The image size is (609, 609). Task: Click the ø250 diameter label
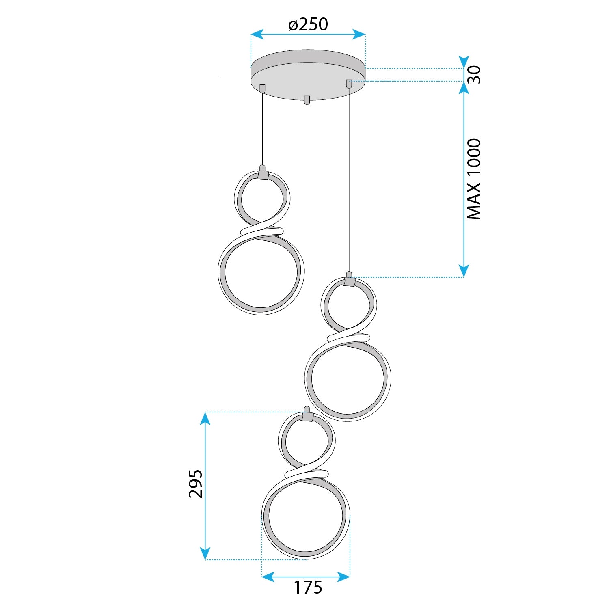(308, 24)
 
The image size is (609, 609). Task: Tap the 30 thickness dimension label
(474, 75)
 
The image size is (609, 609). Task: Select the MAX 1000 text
(474, 179)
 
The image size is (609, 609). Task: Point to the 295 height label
(196, 484)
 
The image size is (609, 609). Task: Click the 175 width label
(308, 587)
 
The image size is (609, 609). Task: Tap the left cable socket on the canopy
(262, 88)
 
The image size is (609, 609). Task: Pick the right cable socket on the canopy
(349, 83)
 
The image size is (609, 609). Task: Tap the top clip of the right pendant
(349, 281)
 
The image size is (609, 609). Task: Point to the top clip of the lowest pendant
(307, 417)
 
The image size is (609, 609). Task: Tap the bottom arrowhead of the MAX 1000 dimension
(464, 271)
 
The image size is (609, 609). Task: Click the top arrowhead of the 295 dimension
(205, 419)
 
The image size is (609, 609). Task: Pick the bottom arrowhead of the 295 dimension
(205, 553)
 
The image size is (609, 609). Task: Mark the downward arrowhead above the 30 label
(464, 62)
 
